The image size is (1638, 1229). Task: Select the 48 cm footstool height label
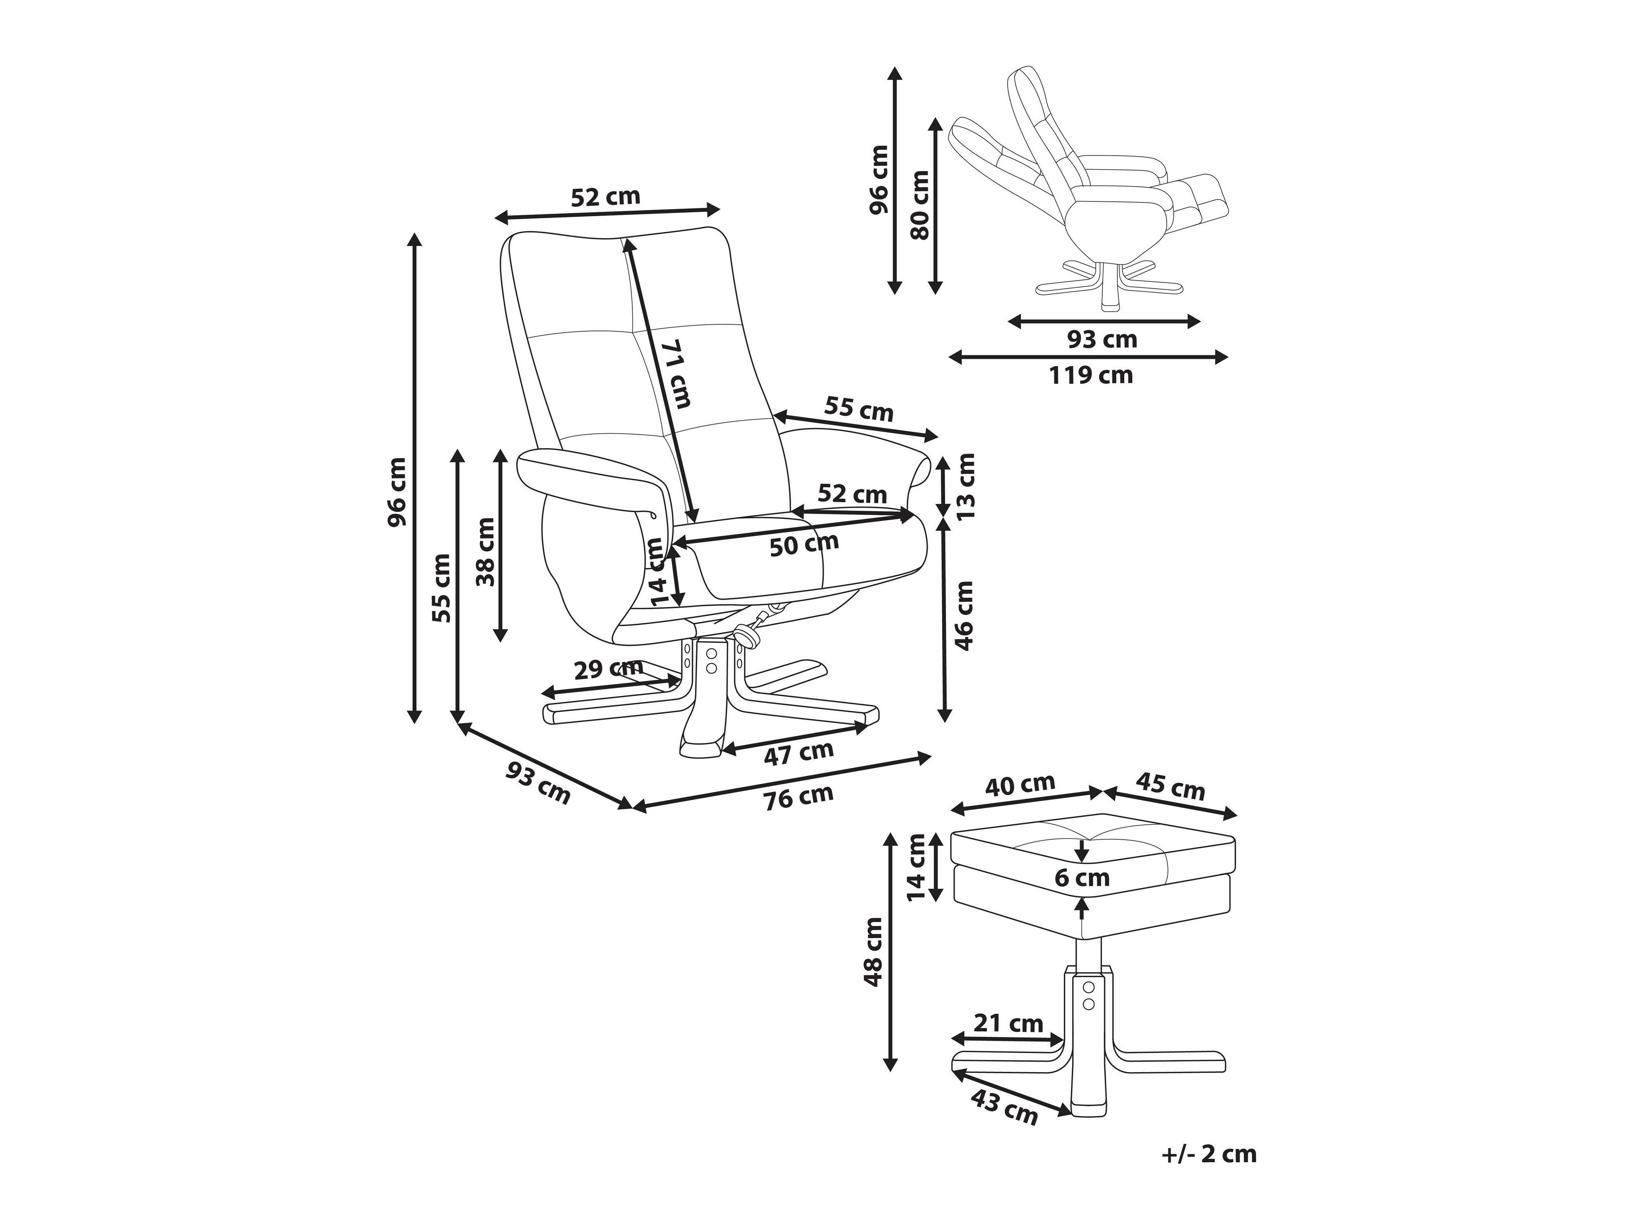[874, 952]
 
